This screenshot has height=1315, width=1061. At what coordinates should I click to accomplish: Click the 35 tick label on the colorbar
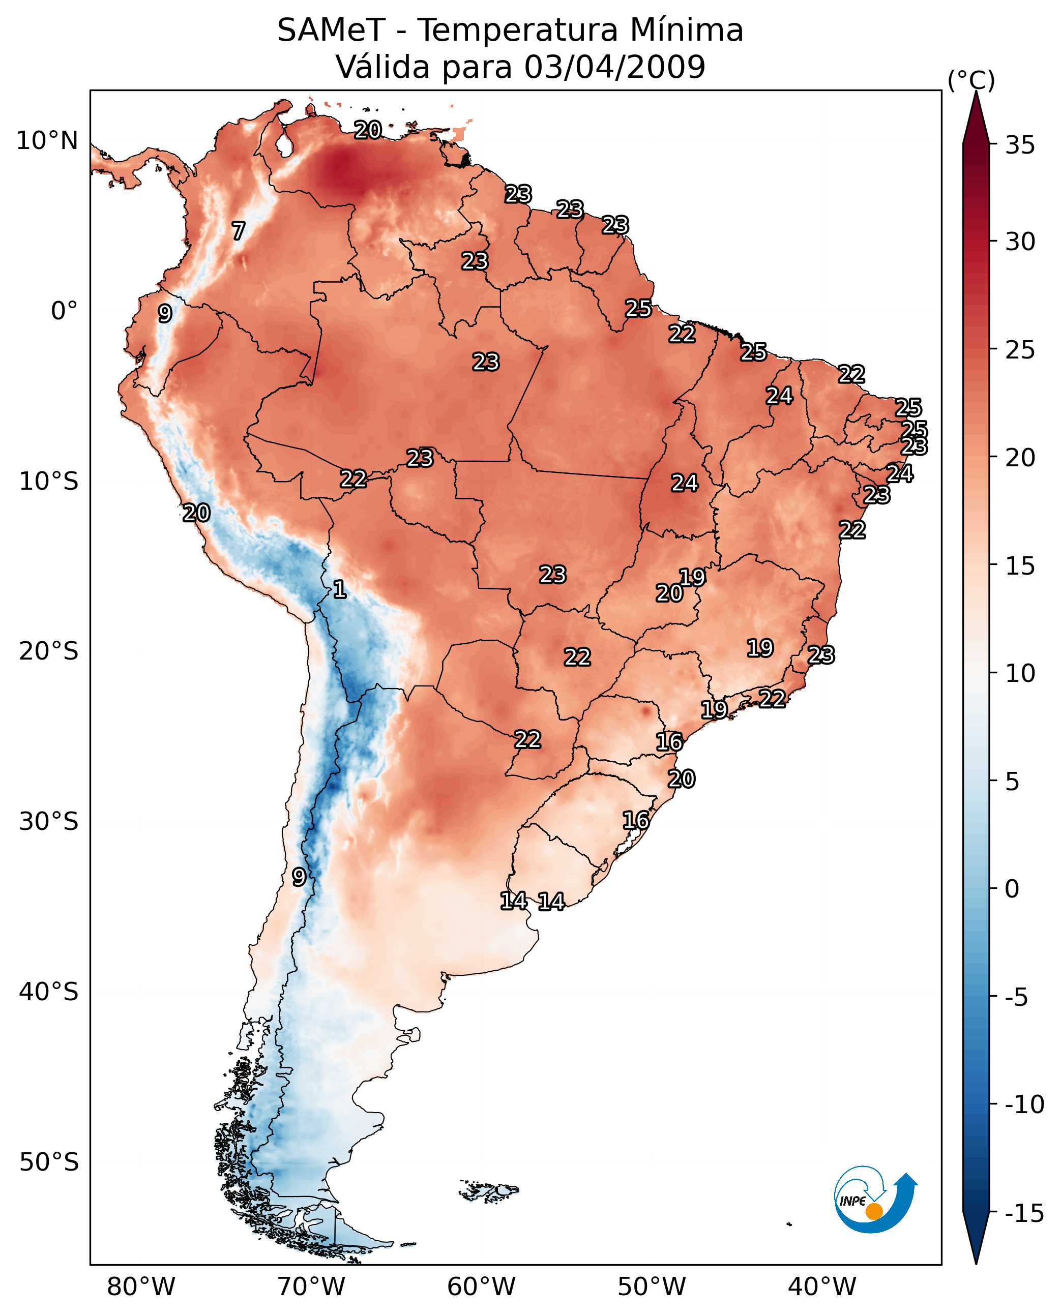1020,145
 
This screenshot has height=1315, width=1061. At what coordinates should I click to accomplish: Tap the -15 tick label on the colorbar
1024,1213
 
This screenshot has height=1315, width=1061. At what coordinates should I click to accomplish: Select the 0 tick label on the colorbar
1012,889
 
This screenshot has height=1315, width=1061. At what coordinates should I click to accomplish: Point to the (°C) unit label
971,80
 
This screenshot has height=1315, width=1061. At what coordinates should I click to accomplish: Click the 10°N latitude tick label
47,141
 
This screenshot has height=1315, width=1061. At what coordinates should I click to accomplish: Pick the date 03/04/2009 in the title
614,67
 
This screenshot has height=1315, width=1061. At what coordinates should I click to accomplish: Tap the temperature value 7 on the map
239,231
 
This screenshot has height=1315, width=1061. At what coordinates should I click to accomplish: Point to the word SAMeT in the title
331,31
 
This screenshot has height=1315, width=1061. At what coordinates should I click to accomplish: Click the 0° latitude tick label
64,311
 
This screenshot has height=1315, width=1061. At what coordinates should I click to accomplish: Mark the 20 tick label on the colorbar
1020,458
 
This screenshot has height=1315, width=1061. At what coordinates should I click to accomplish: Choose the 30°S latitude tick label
49,822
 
